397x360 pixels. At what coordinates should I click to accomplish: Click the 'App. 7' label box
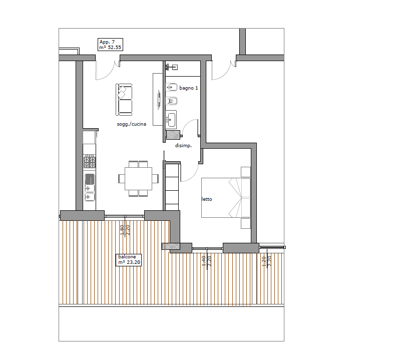[111, 45]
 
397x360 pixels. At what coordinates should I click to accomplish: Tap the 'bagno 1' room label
[189, 88]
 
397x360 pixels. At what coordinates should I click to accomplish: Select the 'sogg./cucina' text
[131, 124]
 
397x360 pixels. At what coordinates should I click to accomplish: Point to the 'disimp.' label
[183, 146]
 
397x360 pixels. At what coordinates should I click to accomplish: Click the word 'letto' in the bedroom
[207, 199]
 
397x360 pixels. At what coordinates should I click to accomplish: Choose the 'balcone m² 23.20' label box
[129, 260]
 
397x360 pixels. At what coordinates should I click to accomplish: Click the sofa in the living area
[124, 100]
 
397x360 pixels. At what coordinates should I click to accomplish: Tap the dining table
[138, 178]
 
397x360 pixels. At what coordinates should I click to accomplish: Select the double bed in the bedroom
[226, 198]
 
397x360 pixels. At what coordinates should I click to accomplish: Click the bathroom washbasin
[171, 119]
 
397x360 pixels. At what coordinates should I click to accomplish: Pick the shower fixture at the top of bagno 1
[172, 67]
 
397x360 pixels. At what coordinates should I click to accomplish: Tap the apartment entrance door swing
[107, 71]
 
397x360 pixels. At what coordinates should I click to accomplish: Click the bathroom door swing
[189, 128]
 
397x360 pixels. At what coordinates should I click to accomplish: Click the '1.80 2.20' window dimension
[125, 230]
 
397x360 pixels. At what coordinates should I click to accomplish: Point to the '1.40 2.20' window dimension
[207, 261]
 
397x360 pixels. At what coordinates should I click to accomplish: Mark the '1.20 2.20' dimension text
[266, 261]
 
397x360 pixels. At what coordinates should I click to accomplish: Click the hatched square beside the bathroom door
[173, 135]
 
